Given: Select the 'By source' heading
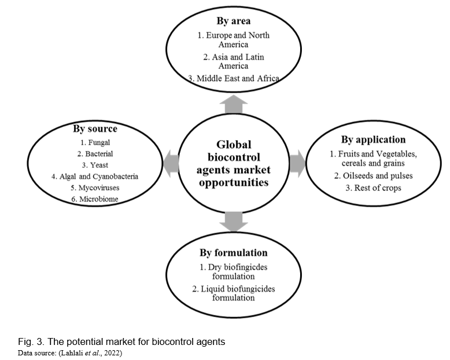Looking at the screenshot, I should (x=95, y=128).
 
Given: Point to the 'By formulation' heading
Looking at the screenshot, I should (x=234, y=252).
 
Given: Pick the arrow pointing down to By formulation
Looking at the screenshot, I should (x=233, y=219).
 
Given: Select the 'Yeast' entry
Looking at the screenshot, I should (x=95, y=165).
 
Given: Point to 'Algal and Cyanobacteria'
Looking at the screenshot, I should (x=95, y=177).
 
